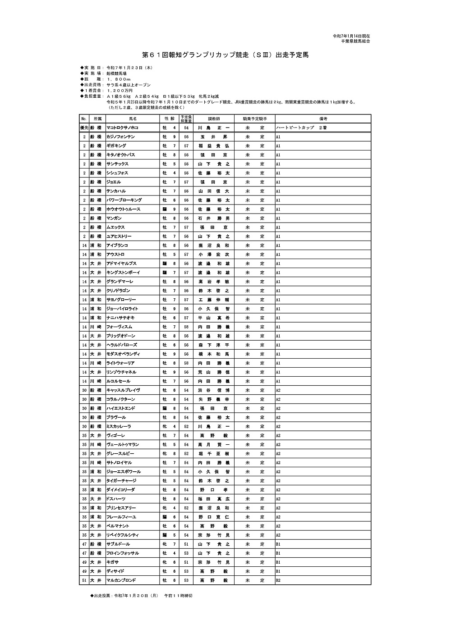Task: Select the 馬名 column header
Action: coord(133,118)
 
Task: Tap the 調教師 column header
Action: coord(214,118)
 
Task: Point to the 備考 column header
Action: coord(322,118)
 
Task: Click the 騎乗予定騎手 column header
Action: coord(255,118)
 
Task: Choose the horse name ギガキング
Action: coord(116,146)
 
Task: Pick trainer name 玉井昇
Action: coord(214,137)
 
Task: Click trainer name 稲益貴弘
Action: coord(214,146)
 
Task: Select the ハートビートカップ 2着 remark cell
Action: coord(301,128)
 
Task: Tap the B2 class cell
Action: coord(278,580)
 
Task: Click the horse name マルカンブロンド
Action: coord(121,580)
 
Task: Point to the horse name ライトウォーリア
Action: coord(120,363)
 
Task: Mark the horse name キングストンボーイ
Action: coord(123,273)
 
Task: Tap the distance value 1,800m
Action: coord(119,79)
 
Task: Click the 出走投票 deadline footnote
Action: coord(142,595)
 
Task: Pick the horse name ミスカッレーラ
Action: coord(119,426)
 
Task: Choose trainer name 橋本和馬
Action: coord(214,354)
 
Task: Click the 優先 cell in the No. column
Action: coord(84,128)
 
